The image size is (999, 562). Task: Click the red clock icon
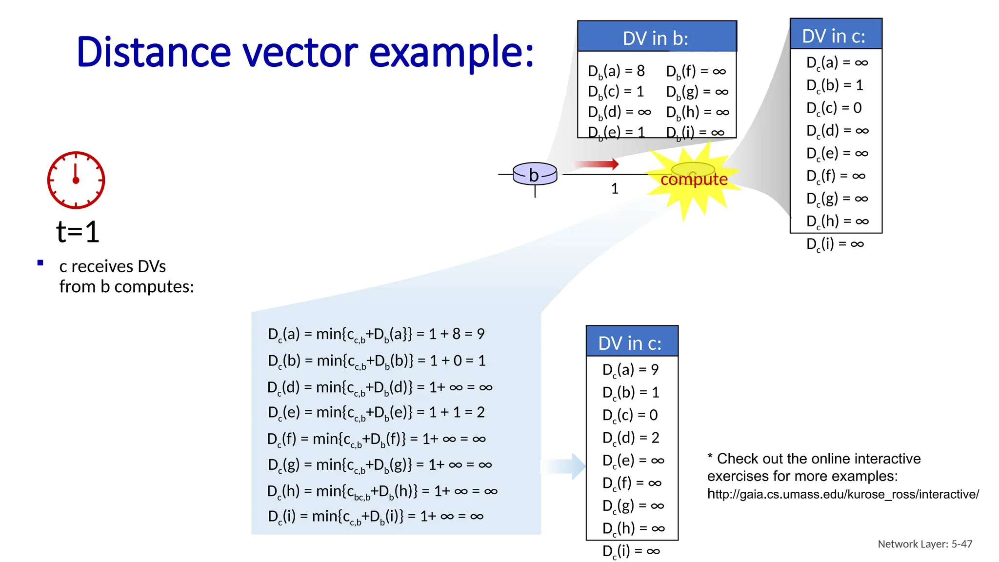[x=76, y=180]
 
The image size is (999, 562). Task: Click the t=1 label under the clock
[x=78, y=232]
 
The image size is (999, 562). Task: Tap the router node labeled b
[x=535, y=174]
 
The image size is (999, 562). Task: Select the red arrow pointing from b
[x=596, y=164]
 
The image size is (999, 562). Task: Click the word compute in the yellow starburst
[x=694, y=179]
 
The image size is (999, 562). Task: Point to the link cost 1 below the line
[x=615, y=189]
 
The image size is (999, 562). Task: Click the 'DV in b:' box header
[x=656, y=37]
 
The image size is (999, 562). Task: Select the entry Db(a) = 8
[x=616, y=71]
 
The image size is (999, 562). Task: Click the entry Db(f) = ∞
[x=696, y=71]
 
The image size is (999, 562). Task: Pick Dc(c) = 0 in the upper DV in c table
[x=834, y=108]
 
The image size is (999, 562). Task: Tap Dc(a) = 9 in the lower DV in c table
[x=630, y=370]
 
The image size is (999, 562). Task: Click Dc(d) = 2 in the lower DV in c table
[x=630, y=438]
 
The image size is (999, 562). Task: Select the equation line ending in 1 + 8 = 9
[x=376, y=334]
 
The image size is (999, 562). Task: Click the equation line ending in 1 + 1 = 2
[x=376, y=413]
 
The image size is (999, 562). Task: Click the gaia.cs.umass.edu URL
[x=842, y=494]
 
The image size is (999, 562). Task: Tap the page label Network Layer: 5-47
[x=924, y=544]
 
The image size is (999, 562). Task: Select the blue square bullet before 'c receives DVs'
[x=40, y=263]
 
